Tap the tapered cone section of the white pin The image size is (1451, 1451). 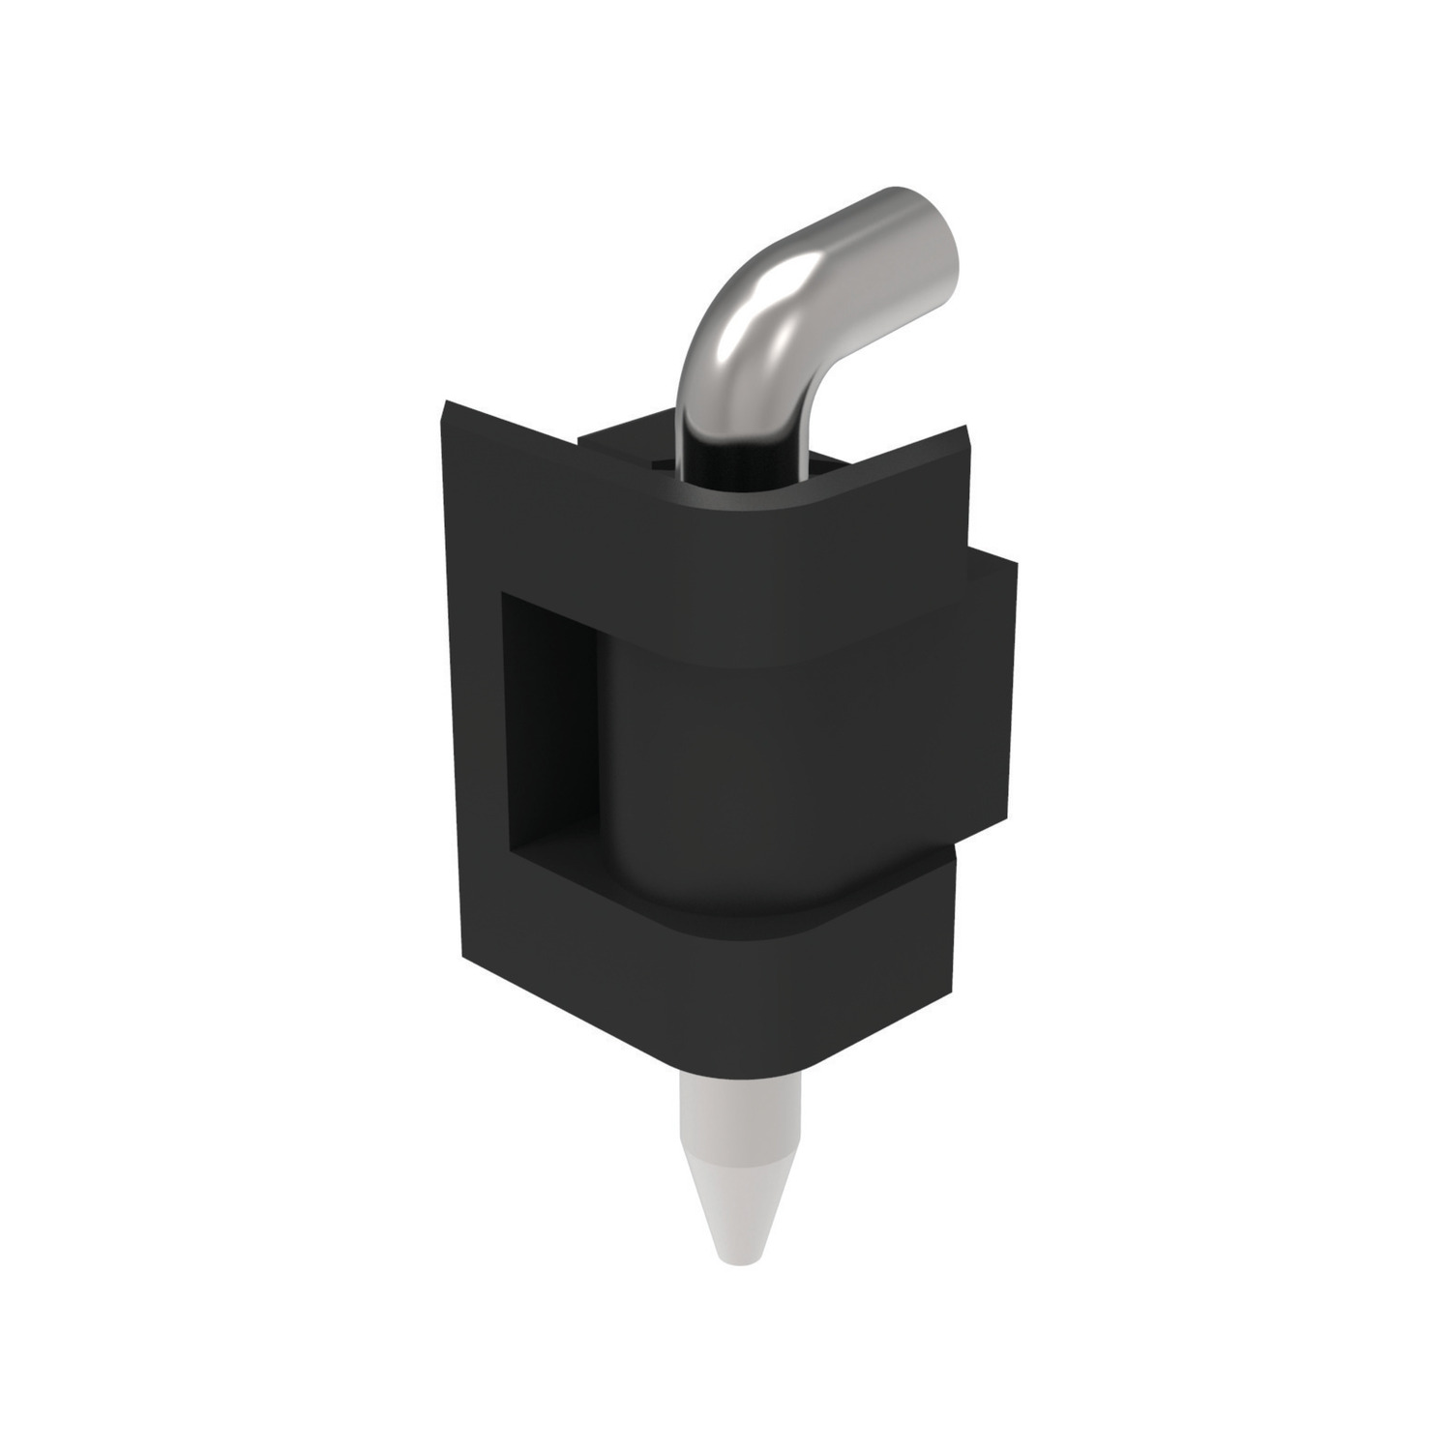pos(740,1199)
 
